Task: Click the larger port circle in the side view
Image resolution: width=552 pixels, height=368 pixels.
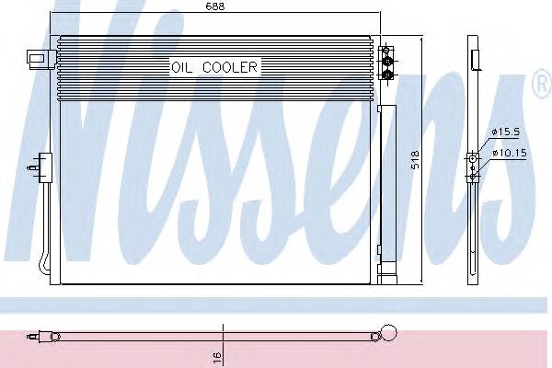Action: point(473,159)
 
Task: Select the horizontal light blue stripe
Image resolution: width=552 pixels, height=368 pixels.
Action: point(276,305)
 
